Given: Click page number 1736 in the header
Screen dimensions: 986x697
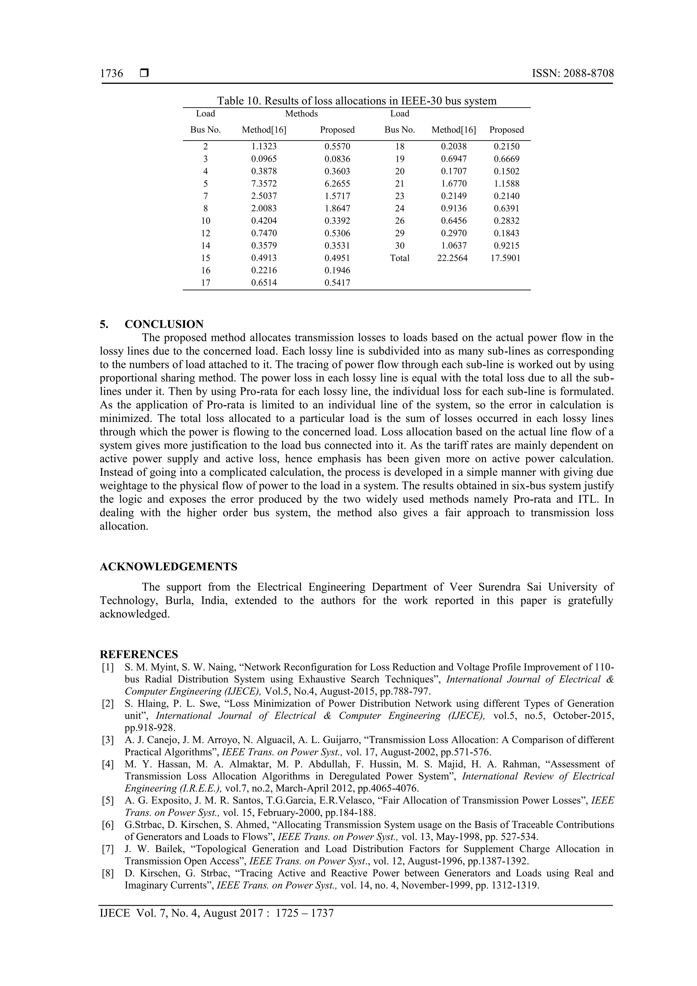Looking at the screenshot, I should pos(111,74).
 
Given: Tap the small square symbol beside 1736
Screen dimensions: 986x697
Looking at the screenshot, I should pos(144,74).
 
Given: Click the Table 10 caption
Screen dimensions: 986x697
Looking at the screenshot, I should pos(356,101).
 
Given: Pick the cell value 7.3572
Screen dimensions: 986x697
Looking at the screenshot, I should pos(264,184).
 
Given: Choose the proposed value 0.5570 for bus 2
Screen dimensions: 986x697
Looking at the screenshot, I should pos(337,146).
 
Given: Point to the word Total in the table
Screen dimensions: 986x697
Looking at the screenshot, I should pos(400,258).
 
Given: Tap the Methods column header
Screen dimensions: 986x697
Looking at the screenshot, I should pos(302,114).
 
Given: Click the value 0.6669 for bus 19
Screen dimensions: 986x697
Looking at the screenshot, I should pos(506,159).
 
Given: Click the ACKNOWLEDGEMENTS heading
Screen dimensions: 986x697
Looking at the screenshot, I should pos(168,566).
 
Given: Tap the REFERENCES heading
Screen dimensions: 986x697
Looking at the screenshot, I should pos(139,654).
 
